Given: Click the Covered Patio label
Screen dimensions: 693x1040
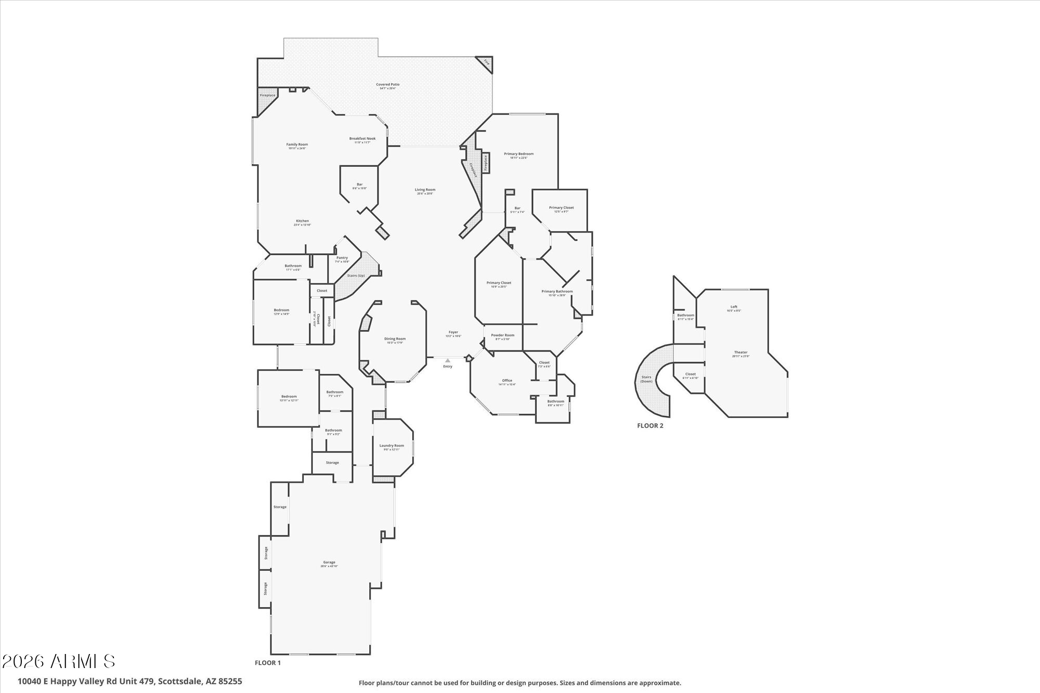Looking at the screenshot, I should click(388, 85).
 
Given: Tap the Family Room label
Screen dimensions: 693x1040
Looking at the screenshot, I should click(297, 145).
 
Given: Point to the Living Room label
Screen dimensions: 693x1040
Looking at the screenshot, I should click(425, 190).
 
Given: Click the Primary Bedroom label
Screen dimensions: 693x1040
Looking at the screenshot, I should click(518, 154).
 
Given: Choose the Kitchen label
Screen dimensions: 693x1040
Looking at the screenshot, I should click(302, 221).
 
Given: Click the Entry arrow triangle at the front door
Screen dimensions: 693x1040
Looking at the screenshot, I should click(448, 360).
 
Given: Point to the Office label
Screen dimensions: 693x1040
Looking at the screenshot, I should click(507, 381).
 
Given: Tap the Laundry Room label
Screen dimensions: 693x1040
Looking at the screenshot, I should click(392, 446).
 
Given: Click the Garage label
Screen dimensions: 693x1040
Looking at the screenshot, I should click(329, 563).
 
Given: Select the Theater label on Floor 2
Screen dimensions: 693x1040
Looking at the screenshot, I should click(740, 353).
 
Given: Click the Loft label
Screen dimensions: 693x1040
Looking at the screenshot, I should click(734, 307).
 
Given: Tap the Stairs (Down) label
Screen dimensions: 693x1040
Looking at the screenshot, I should click(646, 379).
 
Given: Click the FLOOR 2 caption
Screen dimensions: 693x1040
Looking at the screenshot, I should click(650, 425).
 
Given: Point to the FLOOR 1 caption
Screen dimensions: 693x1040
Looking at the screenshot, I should click(267, 663).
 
